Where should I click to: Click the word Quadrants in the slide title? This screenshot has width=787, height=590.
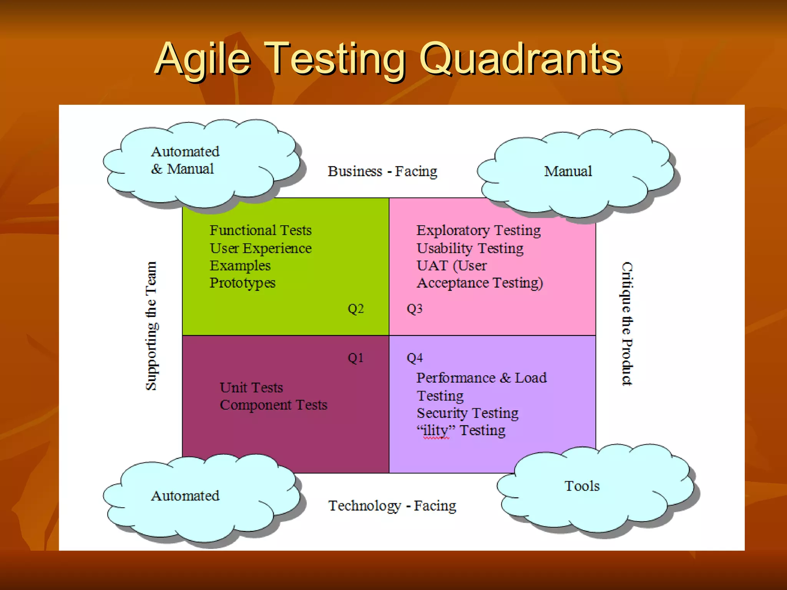[520, 59]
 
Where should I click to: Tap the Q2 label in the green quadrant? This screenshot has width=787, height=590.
[355, 309]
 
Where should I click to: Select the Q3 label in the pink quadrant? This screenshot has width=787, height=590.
[414, 309]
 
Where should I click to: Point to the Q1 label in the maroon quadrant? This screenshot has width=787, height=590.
[355, 358]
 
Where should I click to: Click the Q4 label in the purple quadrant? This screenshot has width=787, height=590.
[414, 358]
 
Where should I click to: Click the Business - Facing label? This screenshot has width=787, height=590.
[382, 171]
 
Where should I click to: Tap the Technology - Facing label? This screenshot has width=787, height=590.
[392, 506]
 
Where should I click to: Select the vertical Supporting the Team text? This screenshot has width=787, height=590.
[151, 326]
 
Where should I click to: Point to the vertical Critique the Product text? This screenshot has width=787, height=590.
[627, 323]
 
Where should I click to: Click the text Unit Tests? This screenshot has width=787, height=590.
[251, 388]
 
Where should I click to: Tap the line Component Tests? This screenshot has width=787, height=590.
[273, 405]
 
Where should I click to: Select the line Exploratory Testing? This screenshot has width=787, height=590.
[478, 230]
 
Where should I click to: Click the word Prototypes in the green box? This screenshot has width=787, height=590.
[242, 283]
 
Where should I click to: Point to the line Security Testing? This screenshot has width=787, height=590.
[467, 413]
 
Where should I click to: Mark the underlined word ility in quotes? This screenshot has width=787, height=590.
[436, 431]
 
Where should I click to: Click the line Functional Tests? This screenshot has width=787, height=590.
[261, 230]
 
